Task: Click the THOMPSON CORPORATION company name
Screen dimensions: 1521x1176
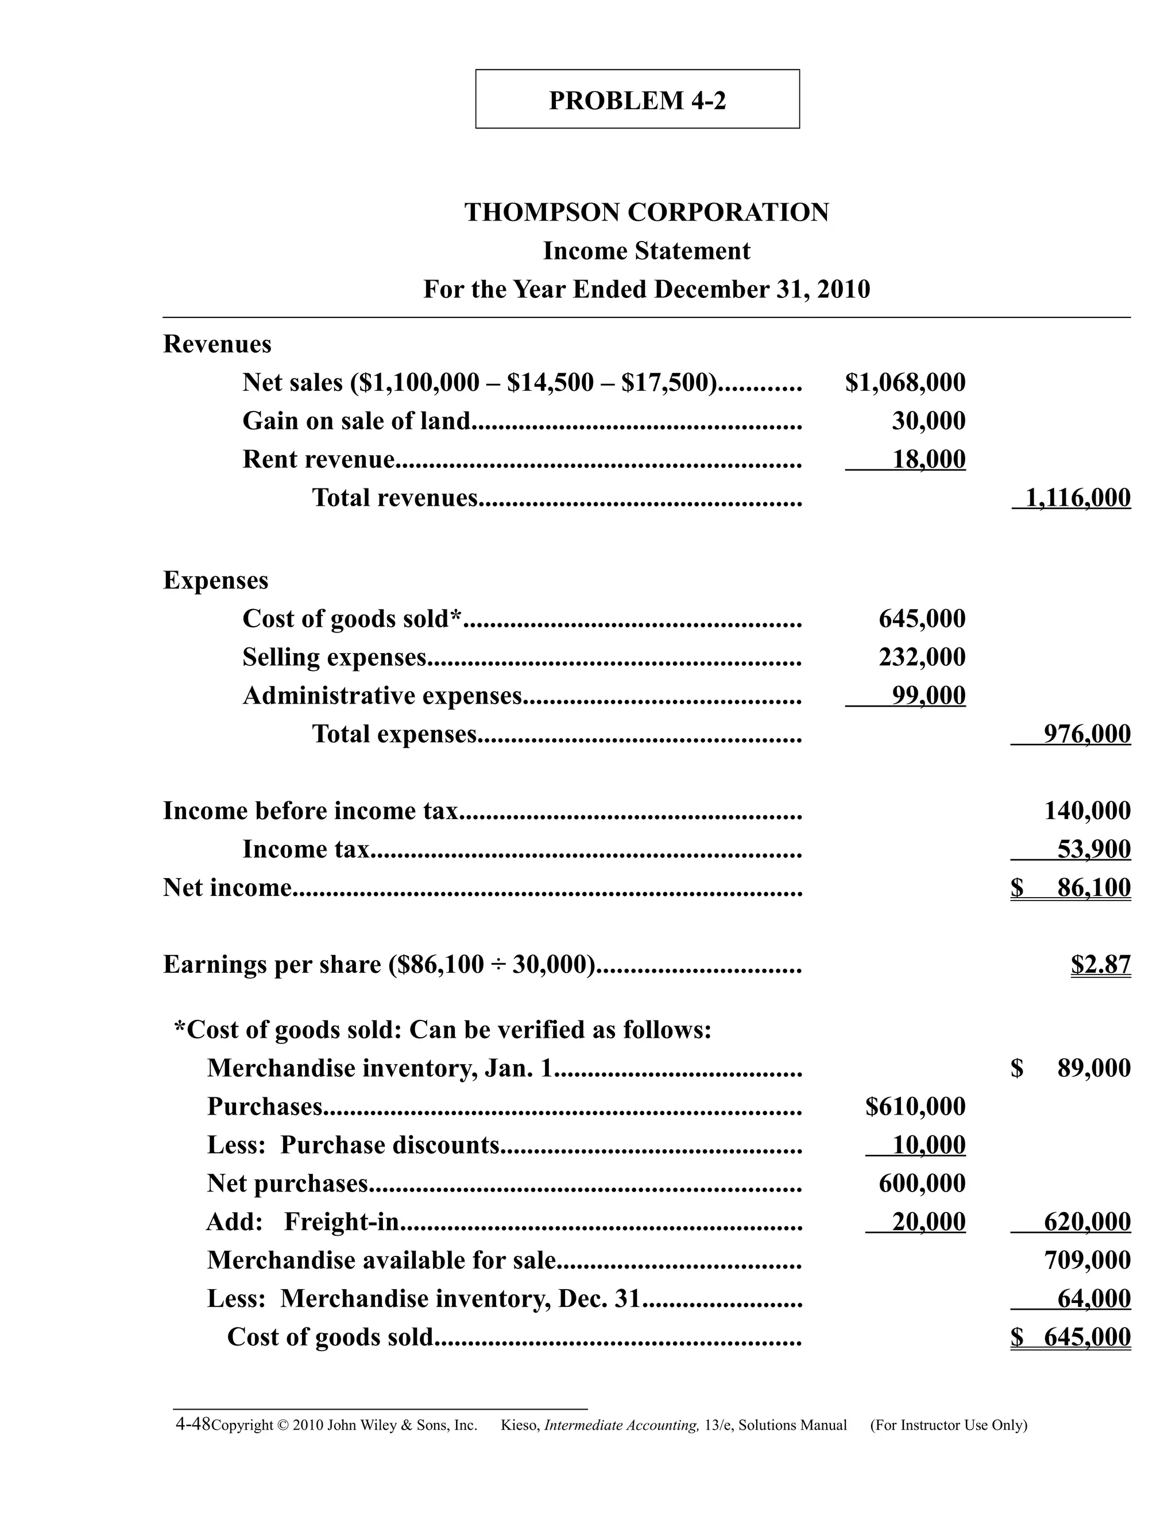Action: pos(647,212)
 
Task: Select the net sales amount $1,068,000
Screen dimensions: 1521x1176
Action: pos(905,382)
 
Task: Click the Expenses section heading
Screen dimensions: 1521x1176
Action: pos(215,580)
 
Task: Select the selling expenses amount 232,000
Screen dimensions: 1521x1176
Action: pos(922,657)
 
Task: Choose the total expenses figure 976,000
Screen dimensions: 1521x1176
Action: pos(1087,734)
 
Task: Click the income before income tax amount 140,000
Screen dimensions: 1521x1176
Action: pos(1087,810)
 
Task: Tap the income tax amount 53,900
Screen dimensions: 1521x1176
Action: pos(1094,849)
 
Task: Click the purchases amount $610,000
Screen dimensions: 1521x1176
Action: pos(915,1107)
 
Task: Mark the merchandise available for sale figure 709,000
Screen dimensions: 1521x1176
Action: pos(1087,1260)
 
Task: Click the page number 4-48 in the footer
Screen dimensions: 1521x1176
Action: pos(192,1424)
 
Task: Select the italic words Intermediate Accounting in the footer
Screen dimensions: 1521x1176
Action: pos(621,1426)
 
